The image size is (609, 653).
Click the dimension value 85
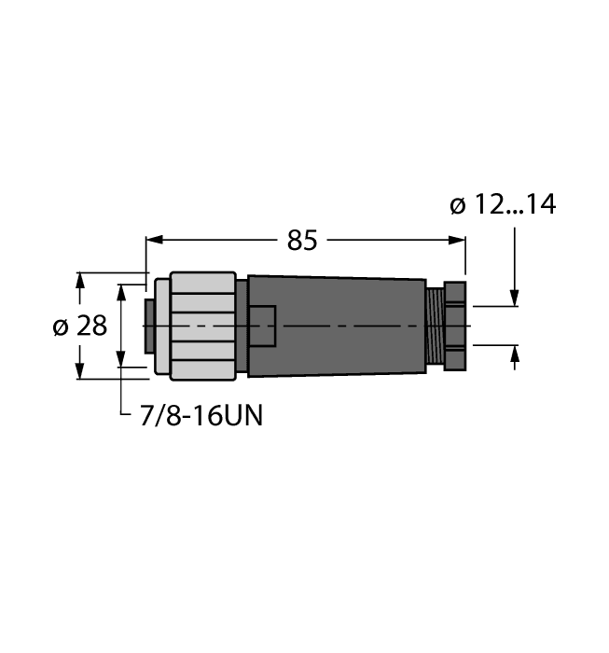point(301,241)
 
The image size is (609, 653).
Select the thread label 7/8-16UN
point(201,416)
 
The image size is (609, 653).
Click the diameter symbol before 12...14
point(458,205)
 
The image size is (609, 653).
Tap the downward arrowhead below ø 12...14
point(514,298)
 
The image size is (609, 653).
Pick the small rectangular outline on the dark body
point(261,326)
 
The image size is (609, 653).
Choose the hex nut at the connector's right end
point(454,326)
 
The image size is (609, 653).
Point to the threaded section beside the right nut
point(434,326)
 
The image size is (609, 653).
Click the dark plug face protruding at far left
point(148,326)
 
